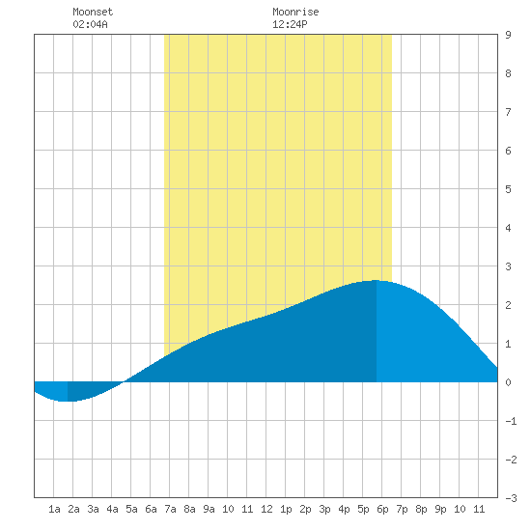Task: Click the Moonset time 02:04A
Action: click(x=90, y=24)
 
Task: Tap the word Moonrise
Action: click(x=295, y=12)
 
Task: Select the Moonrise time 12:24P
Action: click(x=290, y=24)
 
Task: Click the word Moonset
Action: click(x=93, y=12)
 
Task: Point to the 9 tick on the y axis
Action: click(x=508, y=35)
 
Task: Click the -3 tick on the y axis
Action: click(x=511, y=498)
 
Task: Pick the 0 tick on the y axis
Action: click(x=508, y=382)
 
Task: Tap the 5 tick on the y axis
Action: click(x=508, y=189)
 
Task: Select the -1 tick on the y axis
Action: click(x=511, y=421)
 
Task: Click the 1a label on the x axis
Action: click(x=54, y=509)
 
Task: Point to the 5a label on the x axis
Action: click(x=131, y=509)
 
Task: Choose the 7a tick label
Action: click(x=170, y=509)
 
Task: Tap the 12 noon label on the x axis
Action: click(x=266, y=509)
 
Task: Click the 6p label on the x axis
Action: click(x=382, y=509)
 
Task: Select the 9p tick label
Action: click(x=440, y=509)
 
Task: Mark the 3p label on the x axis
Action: click(x=324, y=509)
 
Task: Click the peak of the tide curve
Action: click(x=376, y=280)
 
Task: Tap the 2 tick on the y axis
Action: click(x=508, y=305)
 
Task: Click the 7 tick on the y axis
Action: click(x=508, y=112)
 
